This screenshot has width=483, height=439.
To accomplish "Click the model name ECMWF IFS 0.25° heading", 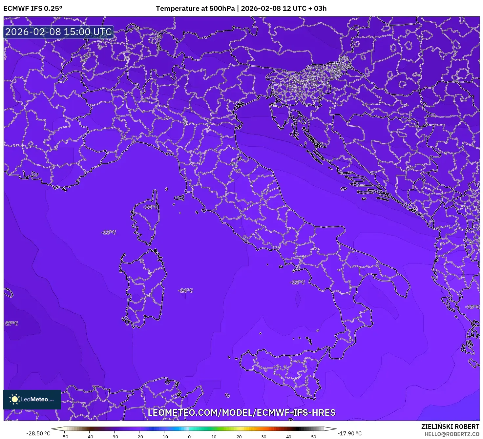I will click(x=33, y=9).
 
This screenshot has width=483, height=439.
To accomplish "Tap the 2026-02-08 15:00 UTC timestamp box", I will click(x=59, y=32).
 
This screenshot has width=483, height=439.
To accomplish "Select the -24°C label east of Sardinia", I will click(x=186, y=290).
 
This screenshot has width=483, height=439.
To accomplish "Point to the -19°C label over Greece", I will click(x=472, y=307).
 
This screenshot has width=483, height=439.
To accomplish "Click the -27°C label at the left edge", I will click(x=11, y=323).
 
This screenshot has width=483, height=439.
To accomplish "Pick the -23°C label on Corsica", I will click(x=151, y=207).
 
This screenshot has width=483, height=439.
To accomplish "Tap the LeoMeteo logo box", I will click(x=32, y=399).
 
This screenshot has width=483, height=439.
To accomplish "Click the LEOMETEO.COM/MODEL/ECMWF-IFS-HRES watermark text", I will click(x=241, y=412).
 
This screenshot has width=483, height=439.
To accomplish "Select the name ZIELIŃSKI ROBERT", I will click(x=450, y=427).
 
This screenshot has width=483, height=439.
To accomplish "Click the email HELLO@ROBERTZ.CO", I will click(x=452, y=434).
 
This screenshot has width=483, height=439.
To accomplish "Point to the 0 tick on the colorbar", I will click(x=189, y=436).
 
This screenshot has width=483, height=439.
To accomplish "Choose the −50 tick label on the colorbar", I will click(x=64, y=436).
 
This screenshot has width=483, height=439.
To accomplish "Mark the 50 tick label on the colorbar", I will click(x=314, y=436).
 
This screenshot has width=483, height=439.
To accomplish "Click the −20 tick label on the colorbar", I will click(x=139, y=436).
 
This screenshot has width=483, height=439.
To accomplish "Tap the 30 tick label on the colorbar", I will click(x=264, y=436).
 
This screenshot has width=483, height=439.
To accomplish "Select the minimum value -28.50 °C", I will click(x=38, y=433).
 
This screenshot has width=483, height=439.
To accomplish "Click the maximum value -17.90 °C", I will click(x=350, y=433).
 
